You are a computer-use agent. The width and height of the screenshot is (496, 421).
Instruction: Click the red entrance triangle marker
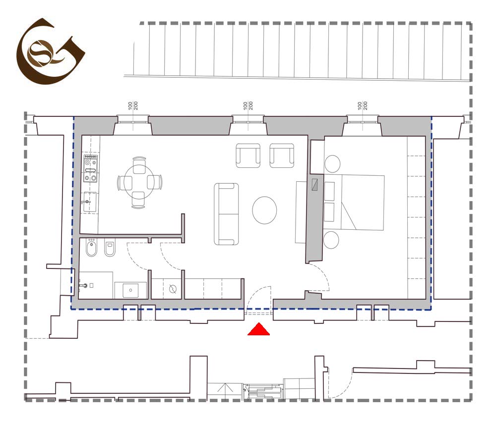pyautogui.click(x=258, y=329)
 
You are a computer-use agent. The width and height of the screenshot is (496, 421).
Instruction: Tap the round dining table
pyautogui.click(x=139, y=182)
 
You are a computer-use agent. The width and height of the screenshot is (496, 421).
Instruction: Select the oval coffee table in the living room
pyautogui.click(x=264, y=210)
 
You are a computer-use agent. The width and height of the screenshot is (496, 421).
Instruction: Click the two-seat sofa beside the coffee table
pyautogui.click(x=226, y=214)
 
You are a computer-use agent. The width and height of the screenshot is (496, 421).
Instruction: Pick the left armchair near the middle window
pyautogui.click(x=248, y=156)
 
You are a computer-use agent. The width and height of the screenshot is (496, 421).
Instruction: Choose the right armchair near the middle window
pyautogui.click(x=282, y=156)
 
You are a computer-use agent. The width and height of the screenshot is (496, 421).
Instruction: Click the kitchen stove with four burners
pyautogui.click(x=90, y=169)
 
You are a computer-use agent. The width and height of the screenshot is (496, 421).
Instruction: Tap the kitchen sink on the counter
pyautogui.click(x=89, y=202)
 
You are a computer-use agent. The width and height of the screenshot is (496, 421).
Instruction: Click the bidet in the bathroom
pyautogui.click(x=91, y=247)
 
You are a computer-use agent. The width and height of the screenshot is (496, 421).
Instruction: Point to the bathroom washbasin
pyautogui.click(x=130, y=290)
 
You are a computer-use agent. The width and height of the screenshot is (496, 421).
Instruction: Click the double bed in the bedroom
pyautogui.click(x=354, y=203)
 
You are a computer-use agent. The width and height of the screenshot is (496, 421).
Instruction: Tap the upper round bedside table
pyautogui.click(x=332, y=163)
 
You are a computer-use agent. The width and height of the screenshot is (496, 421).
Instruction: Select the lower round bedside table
pyautogui.click(x=331, y=240)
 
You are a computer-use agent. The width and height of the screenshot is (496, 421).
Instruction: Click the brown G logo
pyautogui.click(x=51, y=51)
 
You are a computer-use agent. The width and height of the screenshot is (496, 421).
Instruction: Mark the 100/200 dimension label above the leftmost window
pyautogui.click(x=133, y=105)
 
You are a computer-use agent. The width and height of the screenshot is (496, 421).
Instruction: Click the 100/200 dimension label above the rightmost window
pyautogui.click(x=363, y=105)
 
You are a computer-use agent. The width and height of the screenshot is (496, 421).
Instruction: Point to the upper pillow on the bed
pyautogui.click(x=329, y=191)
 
